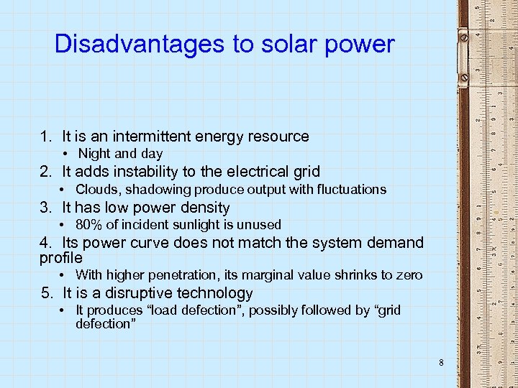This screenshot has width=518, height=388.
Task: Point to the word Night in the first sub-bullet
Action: (x=94, y=154)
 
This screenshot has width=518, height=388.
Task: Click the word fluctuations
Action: (x=351, y=190)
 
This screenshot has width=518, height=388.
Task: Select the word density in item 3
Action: (x=206, y=208)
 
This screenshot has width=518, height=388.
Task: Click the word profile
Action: (x=61, y=257)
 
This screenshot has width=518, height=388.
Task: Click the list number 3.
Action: (x=44, y=208)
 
